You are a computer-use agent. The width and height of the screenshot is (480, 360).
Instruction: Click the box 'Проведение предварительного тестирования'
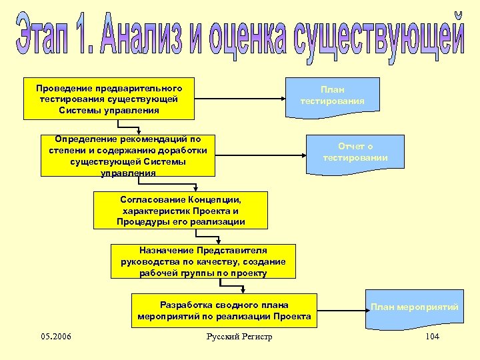pos(109,99)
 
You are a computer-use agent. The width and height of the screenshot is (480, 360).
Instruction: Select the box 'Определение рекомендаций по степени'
pos(128,156)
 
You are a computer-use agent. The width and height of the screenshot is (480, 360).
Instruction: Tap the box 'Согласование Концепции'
pos(181,211)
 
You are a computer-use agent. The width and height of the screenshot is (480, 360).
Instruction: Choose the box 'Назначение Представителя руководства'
pos(203,261)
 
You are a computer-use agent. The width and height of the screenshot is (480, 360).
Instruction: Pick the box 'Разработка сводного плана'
pos(223,311)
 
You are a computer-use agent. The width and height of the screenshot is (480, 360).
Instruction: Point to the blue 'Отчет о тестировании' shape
pos(355,153)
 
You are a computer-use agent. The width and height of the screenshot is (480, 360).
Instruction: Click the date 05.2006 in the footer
pos(55,336)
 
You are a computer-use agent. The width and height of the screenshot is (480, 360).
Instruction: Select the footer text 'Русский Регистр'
pos(239,337)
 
